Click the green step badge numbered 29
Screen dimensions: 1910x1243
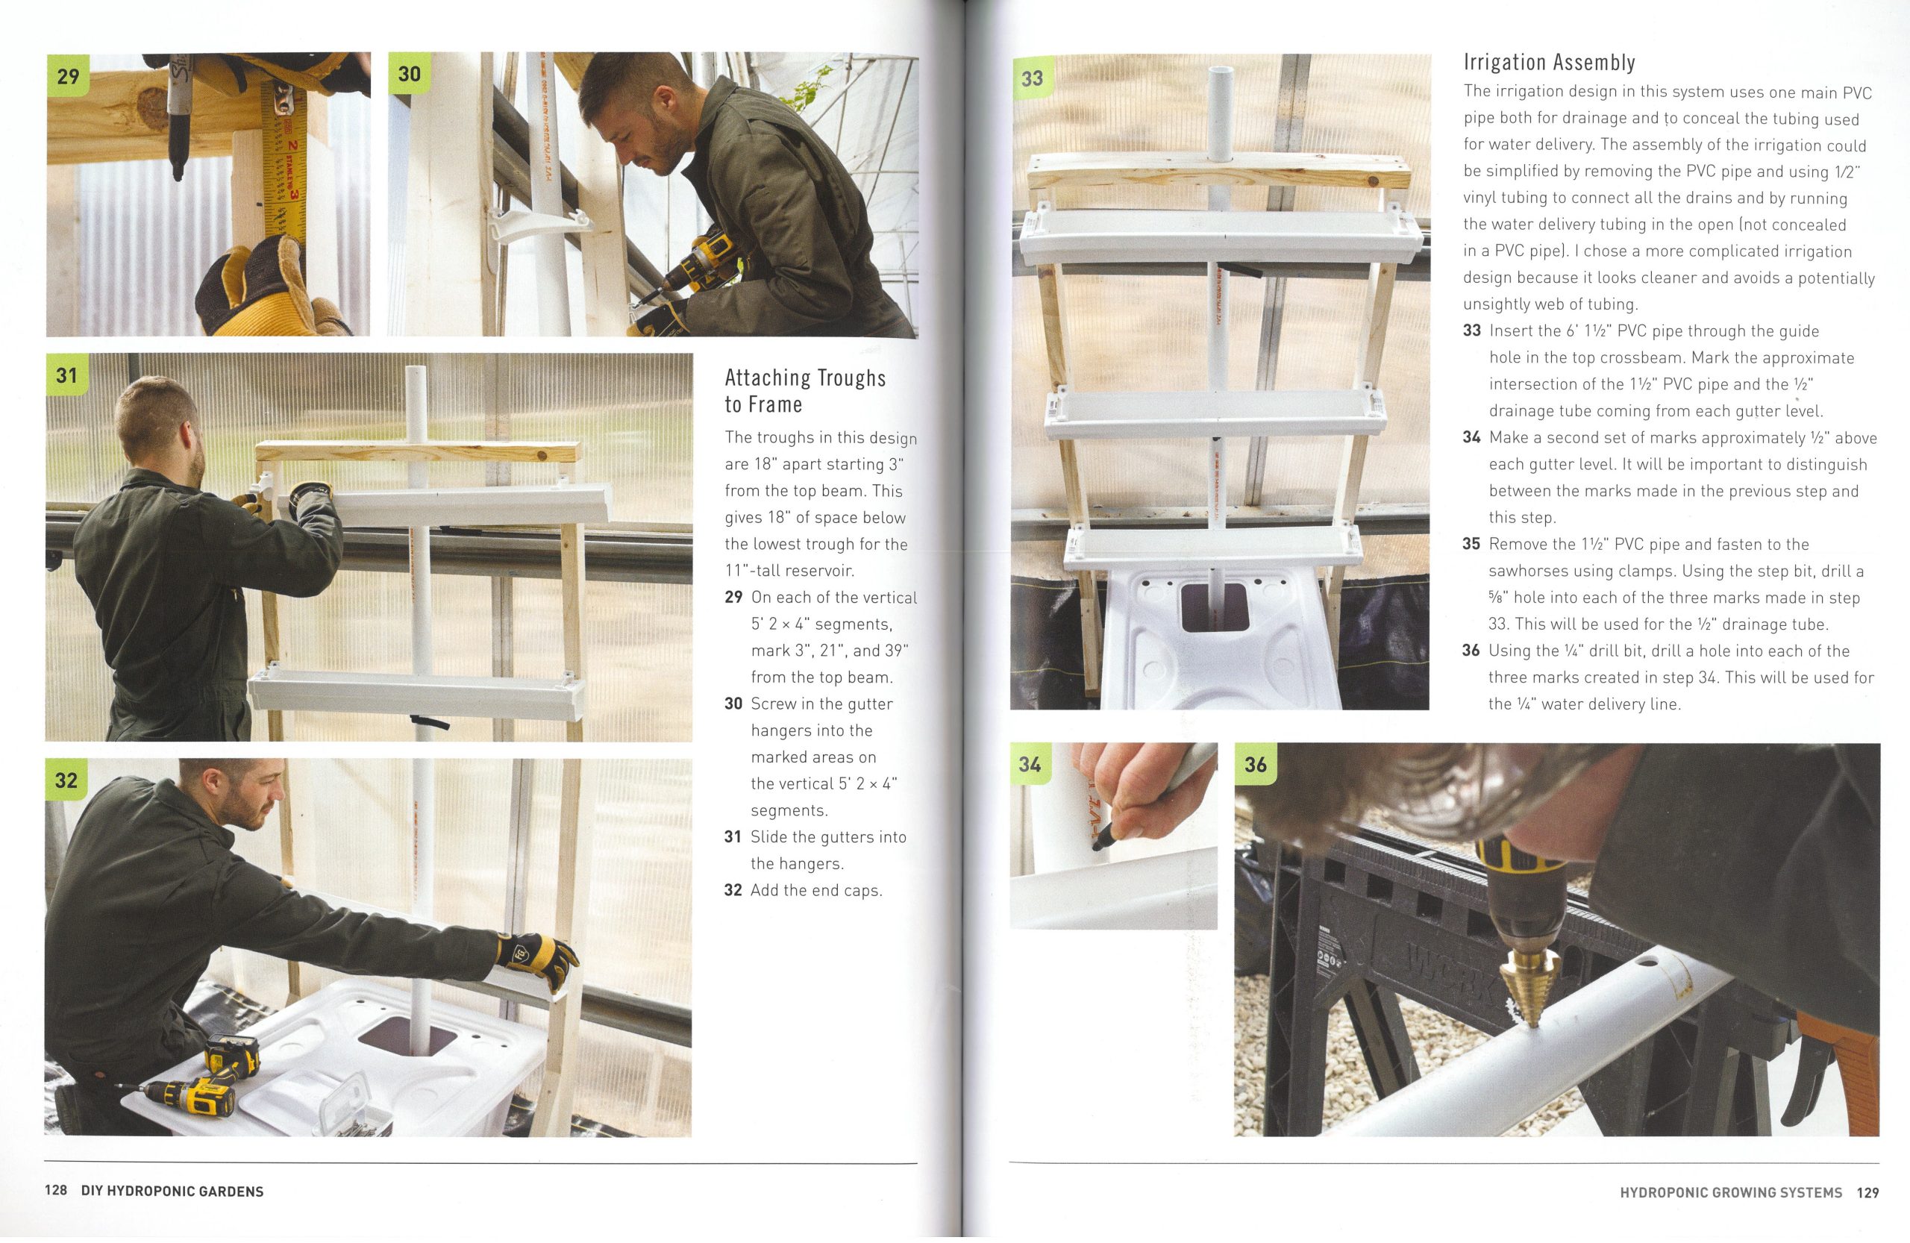[x=67, y=76]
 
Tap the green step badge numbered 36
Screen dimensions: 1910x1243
[x=1255, y=765]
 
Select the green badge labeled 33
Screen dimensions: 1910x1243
[x=1032, y=78]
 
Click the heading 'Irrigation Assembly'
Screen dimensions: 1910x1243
[x=1549, y=63]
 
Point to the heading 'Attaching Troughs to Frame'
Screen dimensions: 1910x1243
[x=805, y=391]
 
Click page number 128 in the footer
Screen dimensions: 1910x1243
[x=55, y=1191]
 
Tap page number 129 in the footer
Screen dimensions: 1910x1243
[x=1867, y=1192]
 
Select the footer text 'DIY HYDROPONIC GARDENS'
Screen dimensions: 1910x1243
[x=172, y=1191]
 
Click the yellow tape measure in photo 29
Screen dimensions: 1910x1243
[x=286, y=160]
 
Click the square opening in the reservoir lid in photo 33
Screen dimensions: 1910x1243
[x=1214, y=607]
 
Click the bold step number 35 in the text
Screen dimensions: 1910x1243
[x=1471, y=544]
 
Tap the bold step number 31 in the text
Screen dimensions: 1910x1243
[x=733, y=837]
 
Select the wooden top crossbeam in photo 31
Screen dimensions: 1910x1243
[x=417, y=451]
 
